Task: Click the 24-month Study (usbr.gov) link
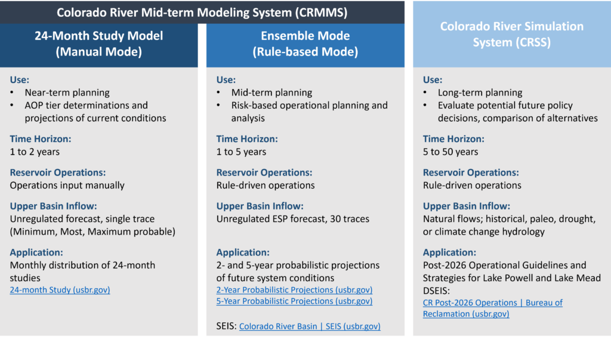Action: (x=60, y=290)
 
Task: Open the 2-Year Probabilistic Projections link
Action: (x=294, y=290)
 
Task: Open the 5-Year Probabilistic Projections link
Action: (x=294, y=301)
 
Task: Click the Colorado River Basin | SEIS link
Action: (x=310, y=327)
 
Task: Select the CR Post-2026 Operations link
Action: (x=492, y=303)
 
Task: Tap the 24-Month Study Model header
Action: (x=99, y=44)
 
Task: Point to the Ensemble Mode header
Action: (x=305, y=44)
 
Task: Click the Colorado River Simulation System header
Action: (x=511, y=34)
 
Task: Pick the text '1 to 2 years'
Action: (x=35, y=152)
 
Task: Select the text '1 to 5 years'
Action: (x=241, y=152)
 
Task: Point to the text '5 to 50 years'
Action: (x=450, y=152)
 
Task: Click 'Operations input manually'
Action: (x=67, y=185)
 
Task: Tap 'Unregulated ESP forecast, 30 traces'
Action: (x=292, y=219)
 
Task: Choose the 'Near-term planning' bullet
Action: (x=67, y=93)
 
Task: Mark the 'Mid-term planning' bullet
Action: (x=271, y=93)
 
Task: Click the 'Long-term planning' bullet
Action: (x=480, y=93)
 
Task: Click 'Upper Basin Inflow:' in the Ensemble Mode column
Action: (x=260, y=206)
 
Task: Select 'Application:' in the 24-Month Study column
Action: (x=36, y=253)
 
